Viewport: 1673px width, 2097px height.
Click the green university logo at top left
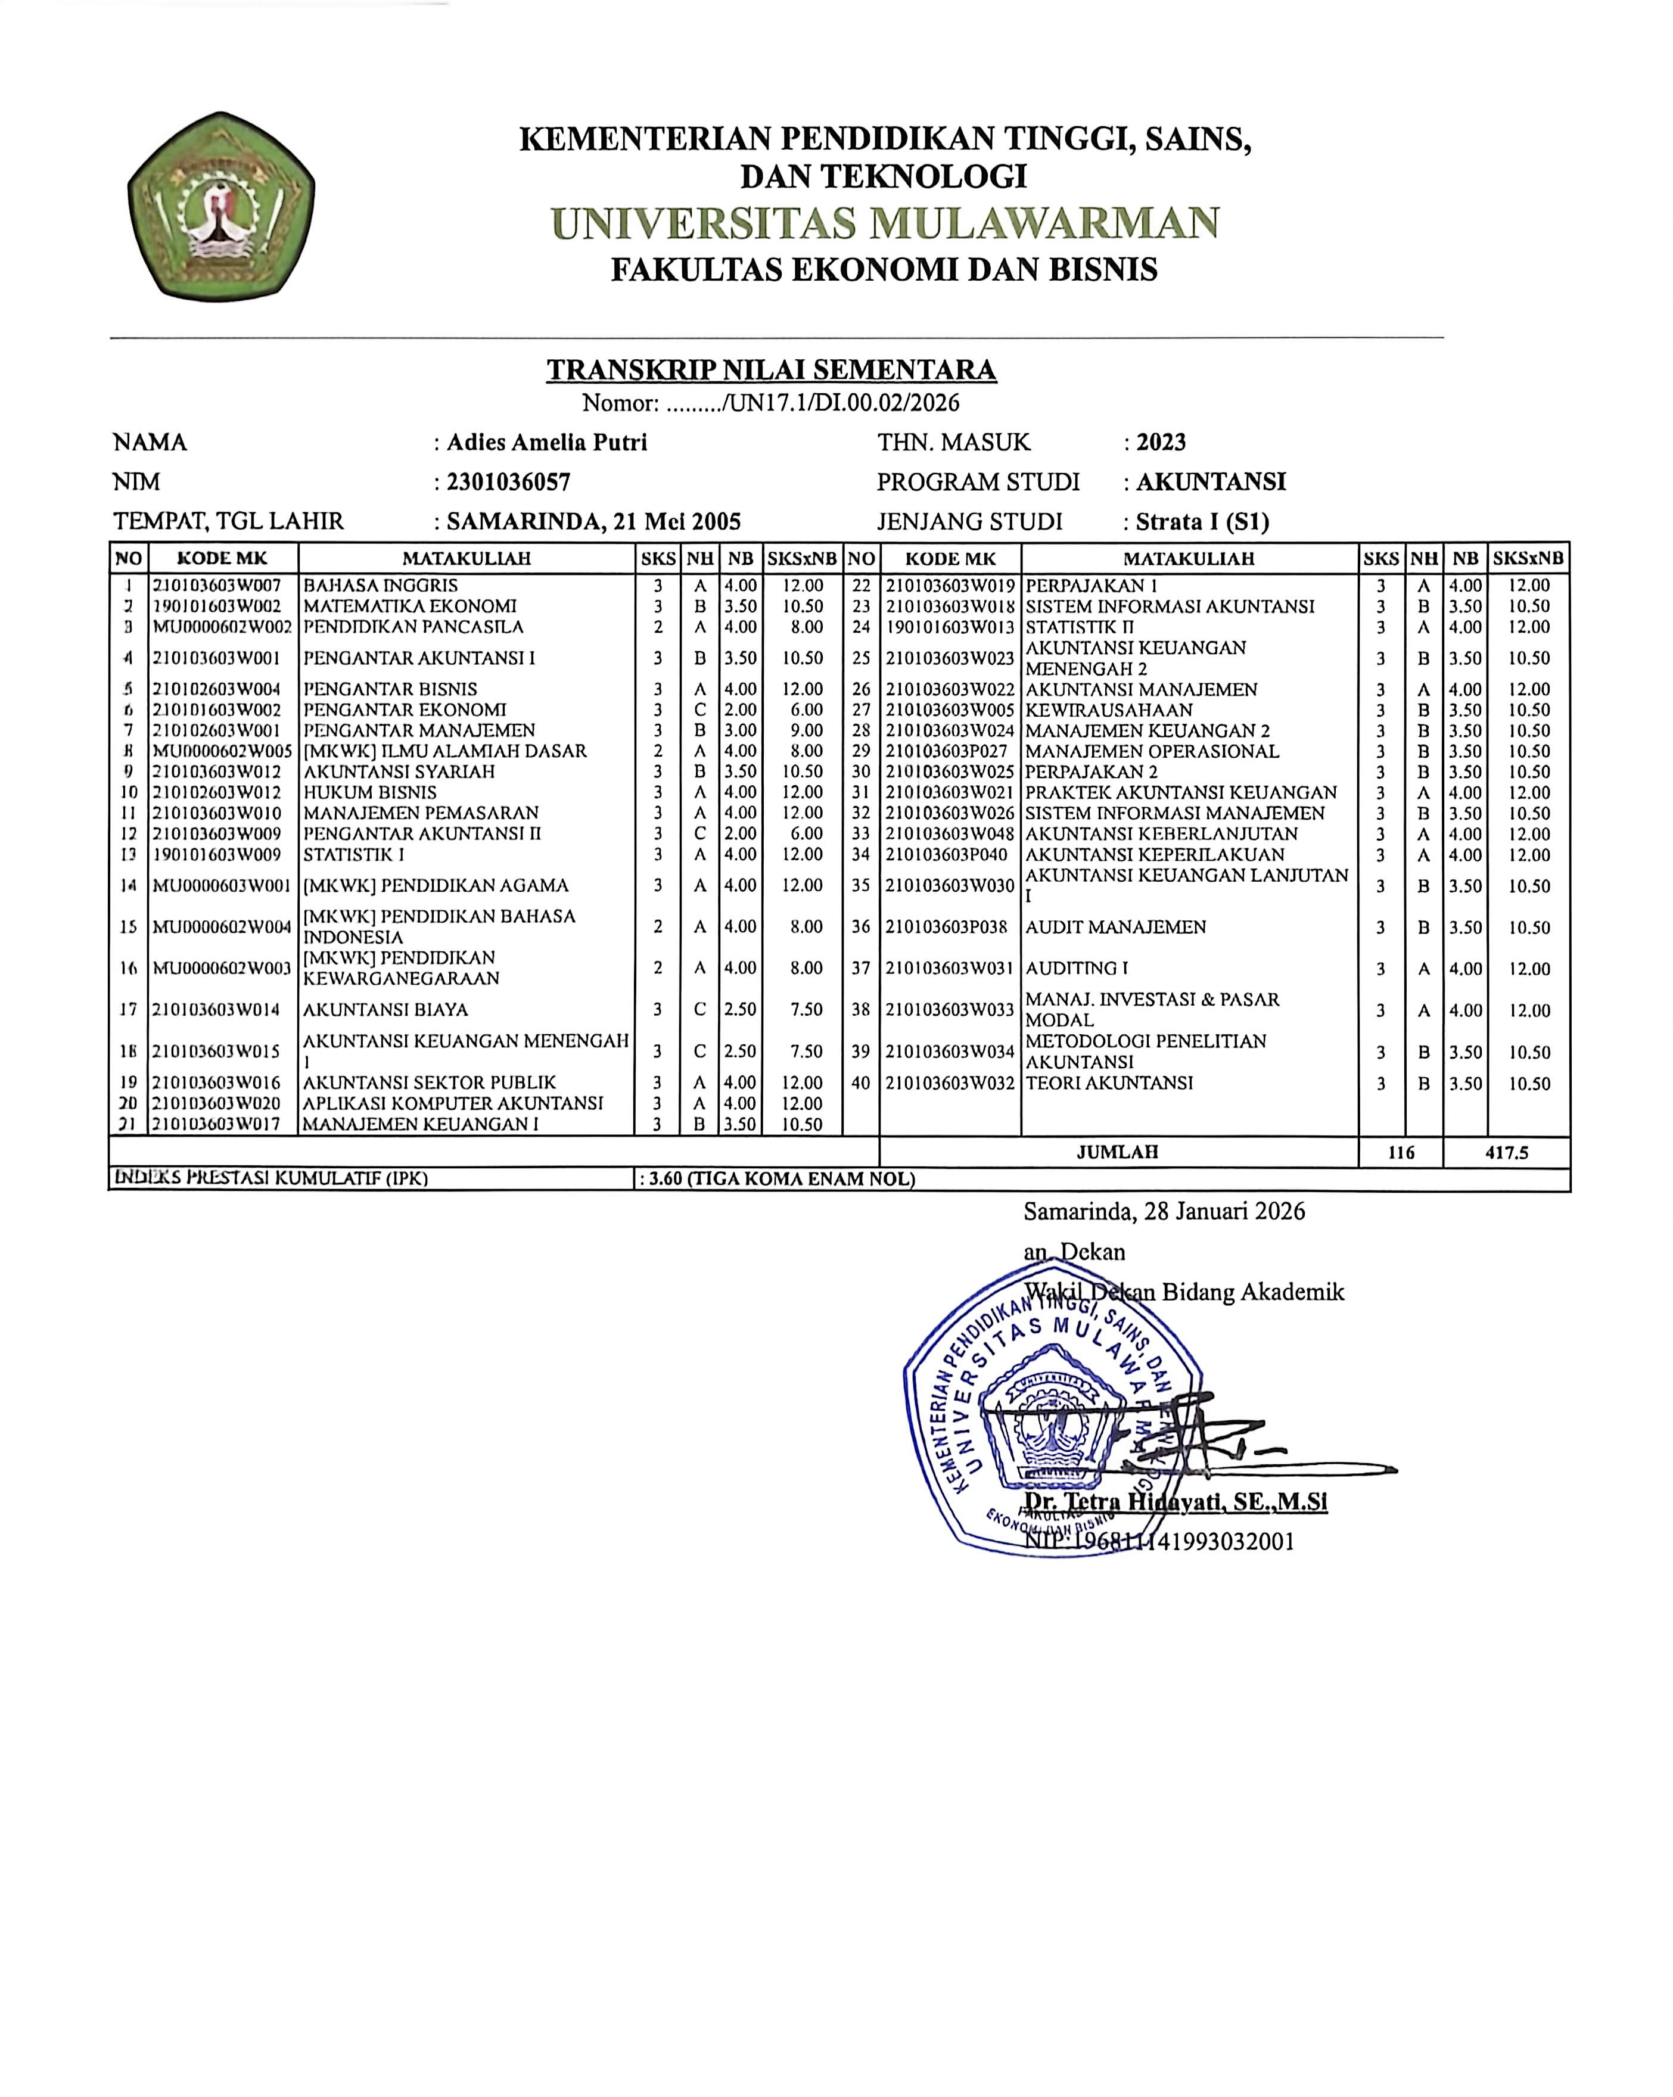coord(221,206)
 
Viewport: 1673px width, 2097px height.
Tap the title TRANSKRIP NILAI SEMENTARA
coord(772,369)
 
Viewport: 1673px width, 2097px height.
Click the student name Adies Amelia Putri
coord(546,443)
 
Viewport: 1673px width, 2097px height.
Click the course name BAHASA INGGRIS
coord(380,586)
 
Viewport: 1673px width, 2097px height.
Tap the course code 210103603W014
coord(216,1010)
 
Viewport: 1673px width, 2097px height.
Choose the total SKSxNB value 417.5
coord(1507,1153)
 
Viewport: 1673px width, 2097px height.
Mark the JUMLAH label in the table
coord(1118,1152)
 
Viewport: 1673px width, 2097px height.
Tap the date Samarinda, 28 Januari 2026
coord(1164,1212)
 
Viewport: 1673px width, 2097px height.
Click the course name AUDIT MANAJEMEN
coord(1116,927)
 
